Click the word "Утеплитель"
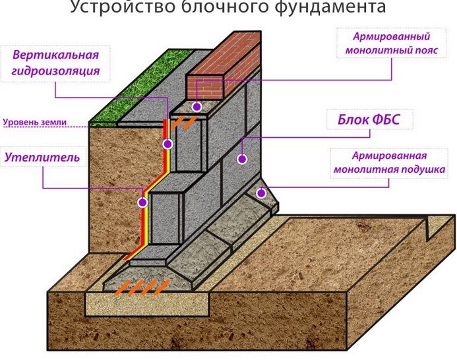click(x=42, y=157)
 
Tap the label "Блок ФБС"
click(x=369, y=119)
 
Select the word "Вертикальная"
click(x=55, y=55)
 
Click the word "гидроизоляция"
click(x=55, y=71)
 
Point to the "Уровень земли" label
click(x=35, y=122)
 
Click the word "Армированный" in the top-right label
click(x=392, y=36)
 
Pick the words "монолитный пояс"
click(x=392, y=50)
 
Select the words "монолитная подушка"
click(x=389, y=169)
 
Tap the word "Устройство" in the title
click(x=123, y=7)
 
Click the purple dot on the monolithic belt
click(x=197, y=107)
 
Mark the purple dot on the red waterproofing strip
click(x=168, y=144)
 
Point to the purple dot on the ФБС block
click(x=242, y=159)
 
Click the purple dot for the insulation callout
click(x=142, y=202)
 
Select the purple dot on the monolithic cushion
click(x=261, y=193)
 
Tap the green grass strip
click(x=140, y=88)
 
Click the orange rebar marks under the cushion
click(x=142, y=287)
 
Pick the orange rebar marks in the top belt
click(x=183, y=123)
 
